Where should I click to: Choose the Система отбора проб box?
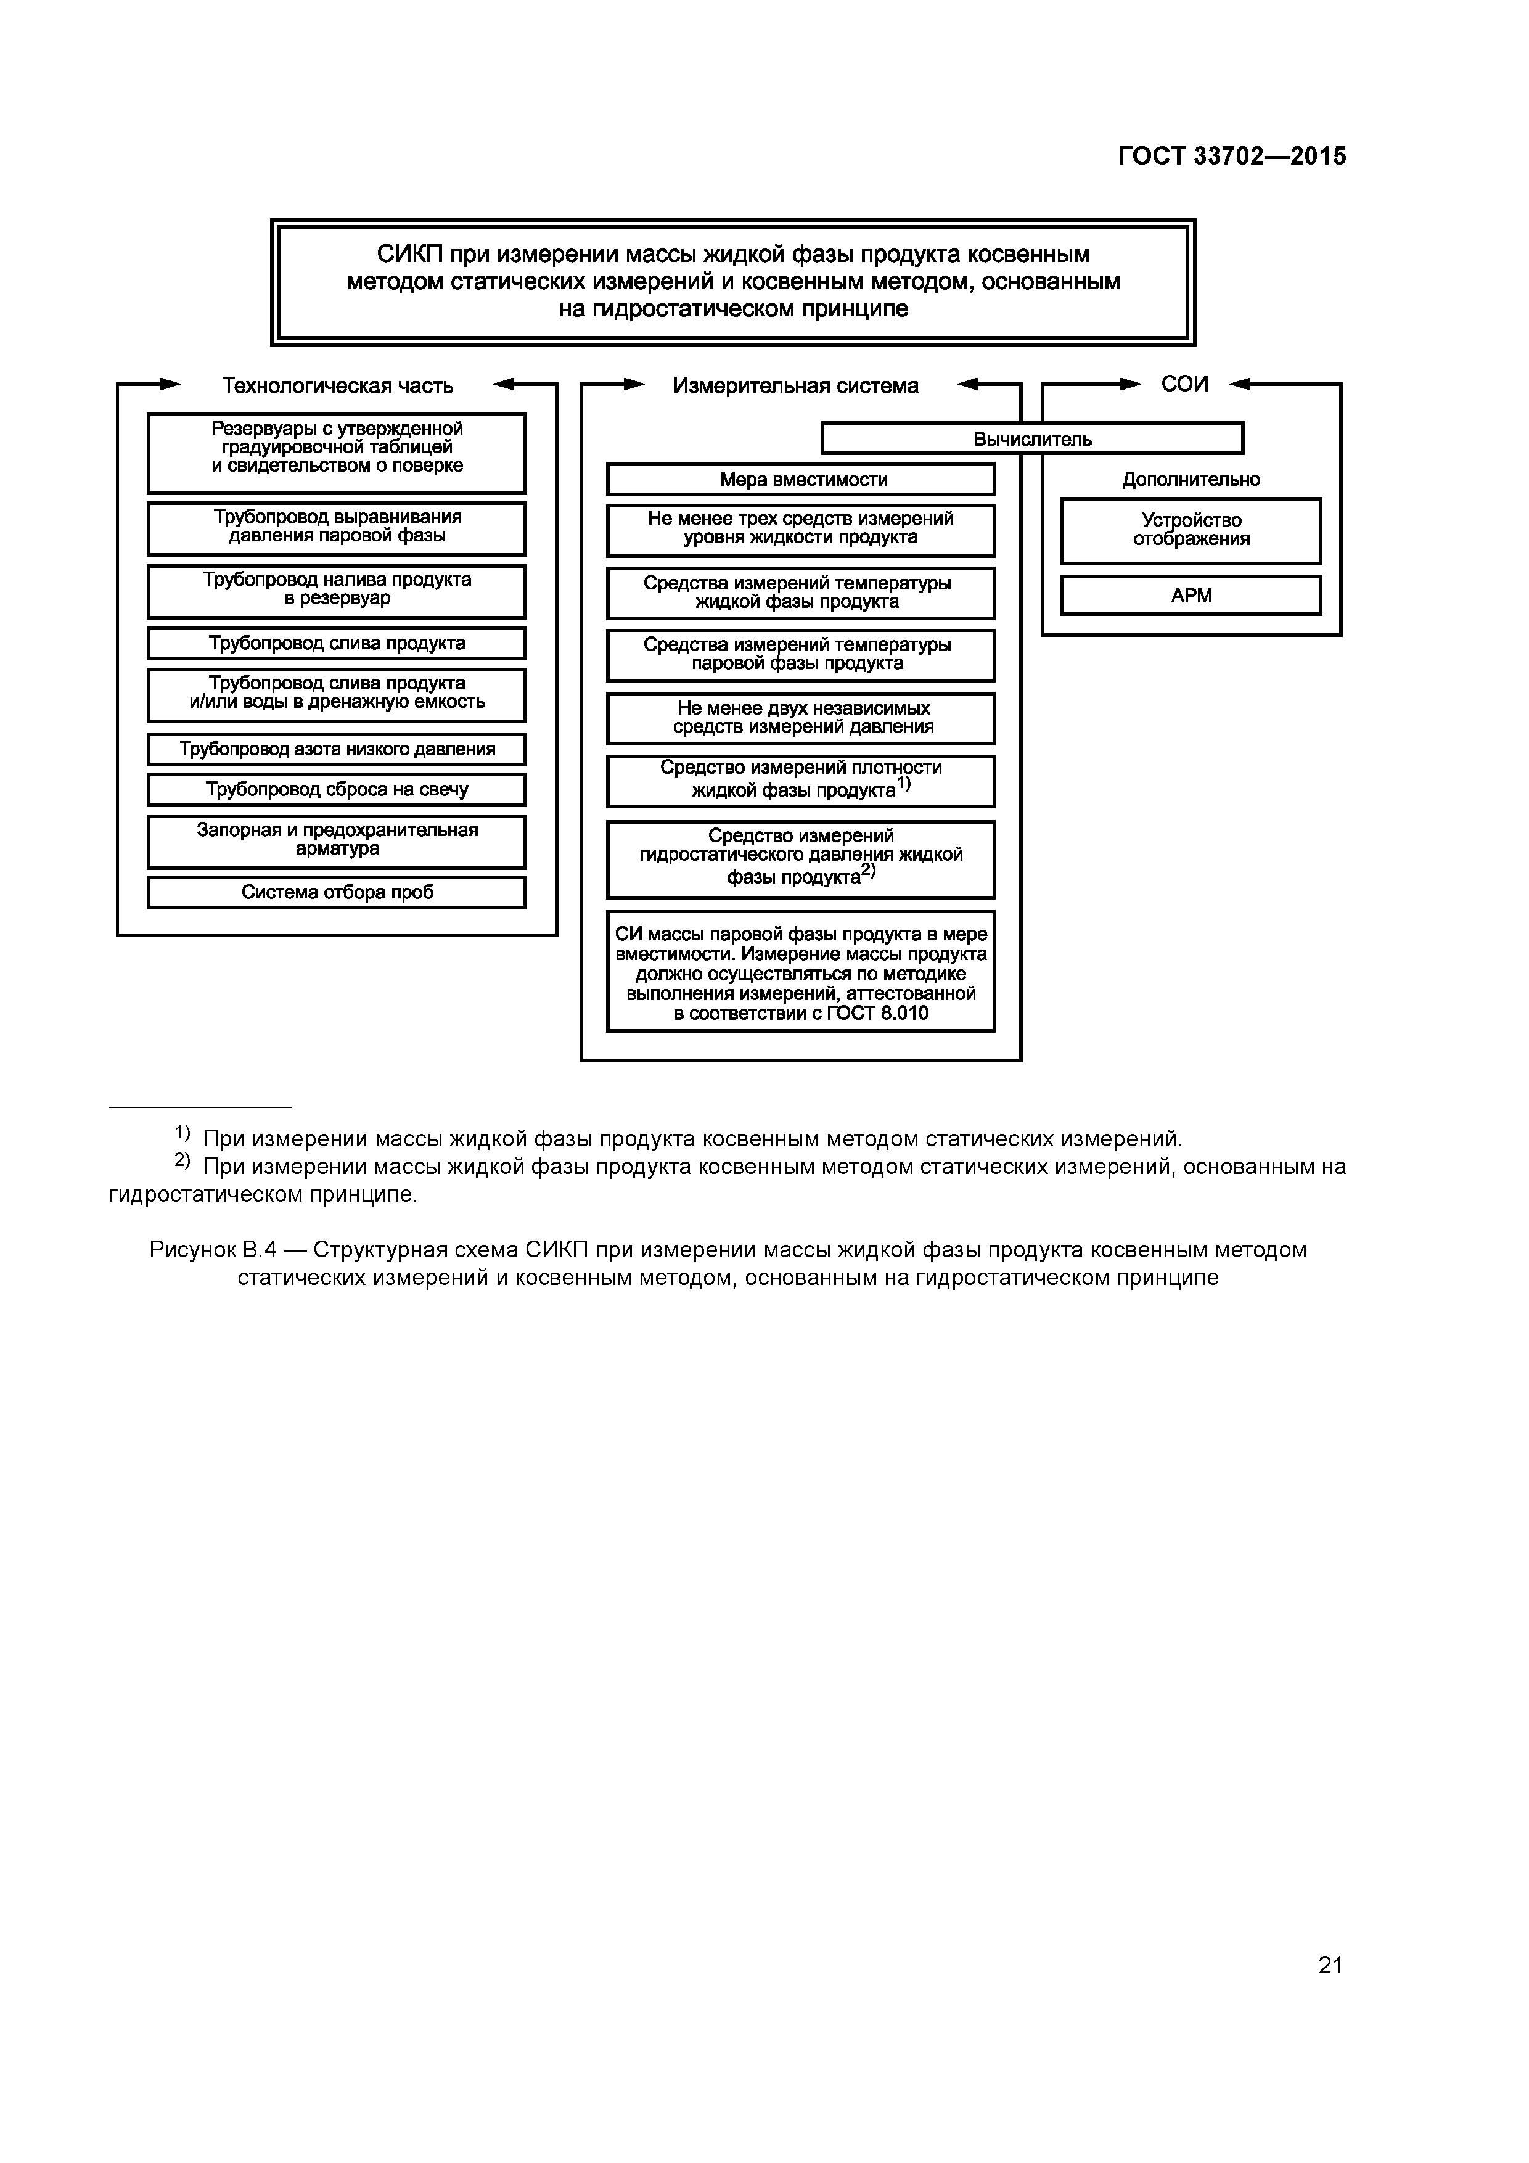click(x=337, y=892)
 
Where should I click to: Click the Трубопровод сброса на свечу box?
click(x=337, y=789)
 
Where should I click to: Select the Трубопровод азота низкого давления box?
click(x=337, y=750)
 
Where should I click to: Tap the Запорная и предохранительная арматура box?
click(x=337, y=839)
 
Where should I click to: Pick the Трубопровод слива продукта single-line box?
click(x=337, y=644)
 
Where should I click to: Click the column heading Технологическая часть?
click(x=337, y=385)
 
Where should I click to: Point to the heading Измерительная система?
click(x=795, y=385)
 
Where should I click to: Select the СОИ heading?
click(x=1184, y=384)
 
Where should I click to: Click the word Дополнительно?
click(x=1191, y=480)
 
